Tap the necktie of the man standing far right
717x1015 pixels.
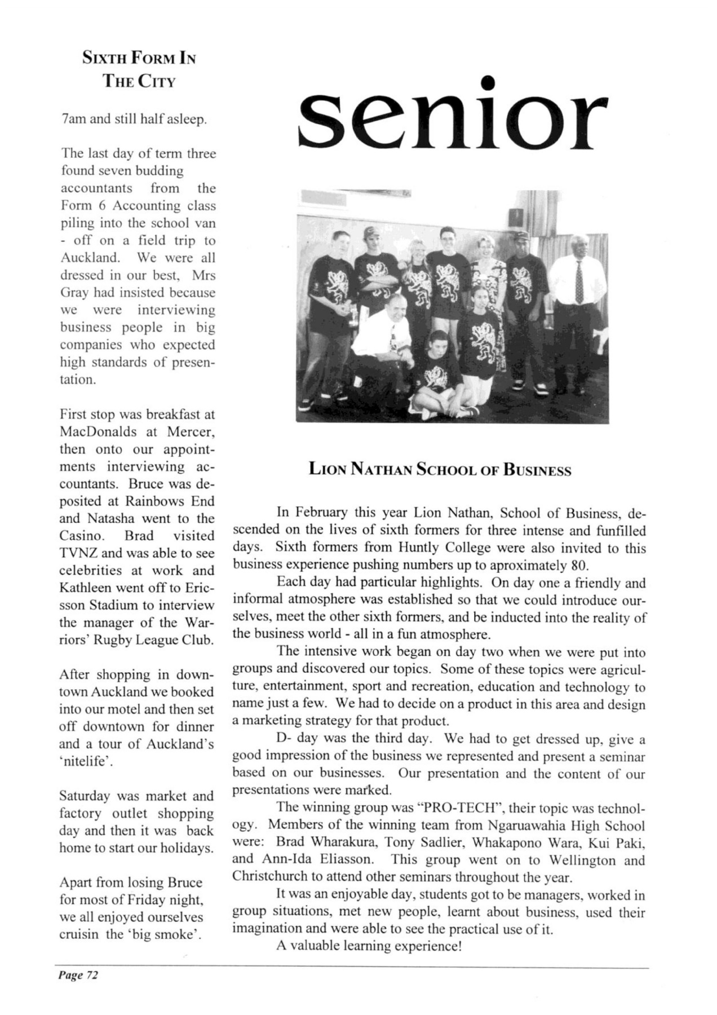point(578,281)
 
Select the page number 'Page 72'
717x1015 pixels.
point(77,975)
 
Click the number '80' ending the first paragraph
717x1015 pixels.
point(579,566)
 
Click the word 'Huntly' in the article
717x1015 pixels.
point(418,548)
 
